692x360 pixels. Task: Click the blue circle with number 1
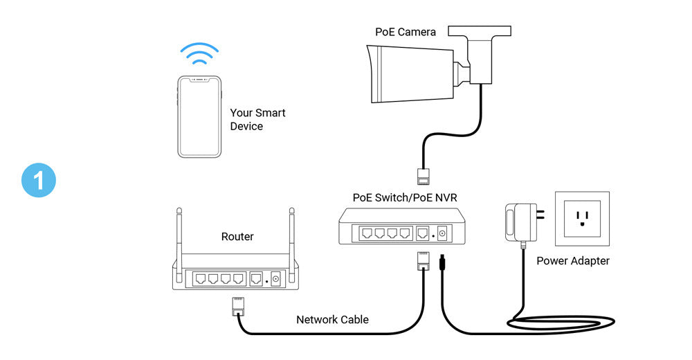38,180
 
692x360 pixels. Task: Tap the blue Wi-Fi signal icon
199,55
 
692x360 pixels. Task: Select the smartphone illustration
199,116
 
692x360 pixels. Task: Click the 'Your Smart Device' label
257,120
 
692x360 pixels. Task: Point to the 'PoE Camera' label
406,32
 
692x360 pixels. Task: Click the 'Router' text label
237,237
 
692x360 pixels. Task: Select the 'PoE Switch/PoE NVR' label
405,197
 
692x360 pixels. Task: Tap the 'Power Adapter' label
573,261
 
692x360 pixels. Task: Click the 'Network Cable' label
332,320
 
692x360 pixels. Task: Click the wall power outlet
582,219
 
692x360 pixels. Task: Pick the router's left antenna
180,235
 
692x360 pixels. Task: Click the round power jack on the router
276,279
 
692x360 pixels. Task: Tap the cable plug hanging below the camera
421,174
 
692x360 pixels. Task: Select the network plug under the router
237,305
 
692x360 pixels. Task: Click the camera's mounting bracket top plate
480,31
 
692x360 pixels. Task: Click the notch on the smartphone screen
199,79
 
